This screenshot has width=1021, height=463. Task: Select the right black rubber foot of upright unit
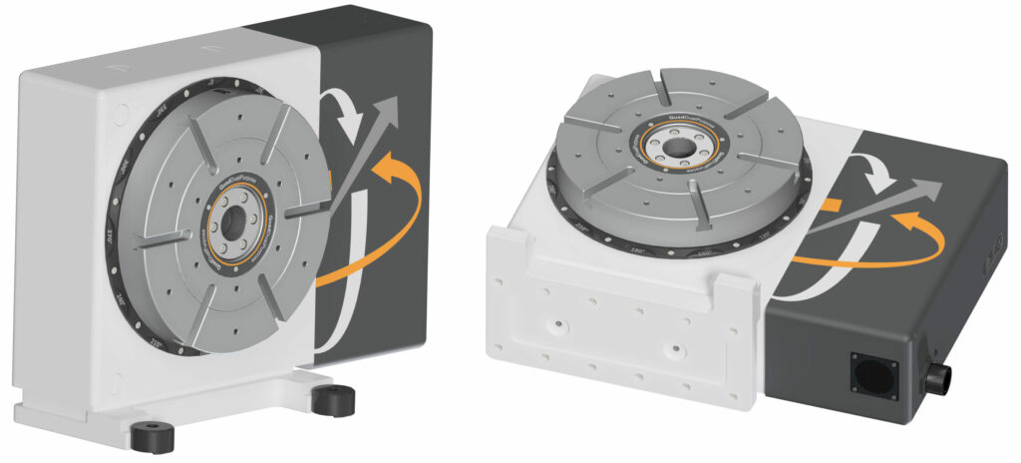tap(332, 400)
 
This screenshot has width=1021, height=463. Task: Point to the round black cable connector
tap(938, 379)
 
